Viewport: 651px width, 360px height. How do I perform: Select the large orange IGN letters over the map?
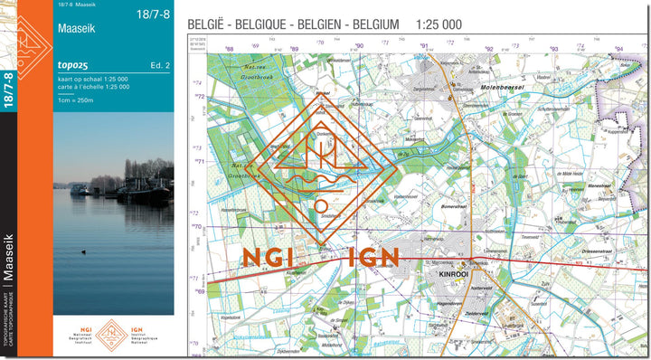tap(373, 256)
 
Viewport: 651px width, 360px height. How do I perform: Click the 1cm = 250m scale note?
tap(77, 99)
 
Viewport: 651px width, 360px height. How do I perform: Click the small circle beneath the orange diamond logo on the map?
tap(321, 205)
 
